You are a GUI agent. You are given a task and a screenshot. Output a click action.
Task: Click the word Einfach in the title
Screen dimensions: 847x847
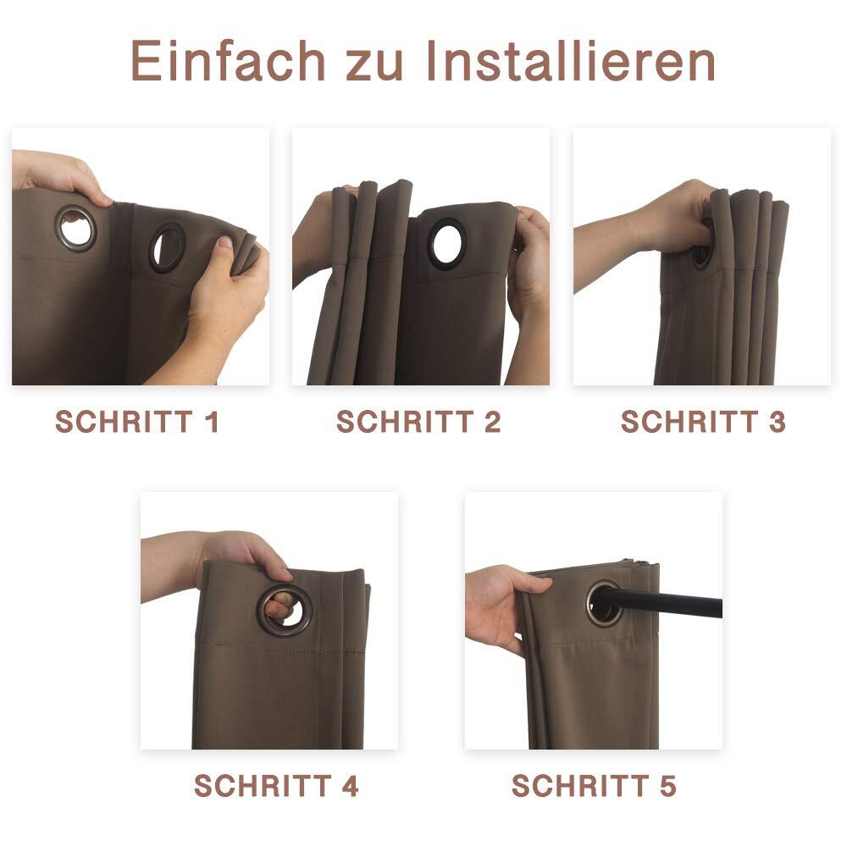coord(227,60)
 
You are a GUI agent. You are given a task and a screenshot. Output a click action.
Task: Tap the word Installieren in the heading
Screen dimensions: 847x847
coord(571,60)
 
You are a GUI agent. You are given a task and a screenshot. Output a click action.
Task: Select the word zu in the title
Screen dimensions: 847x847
coord(374,66)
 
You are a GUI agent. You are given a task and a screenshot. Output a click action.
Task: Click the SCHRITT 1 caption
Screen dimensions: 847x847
coord(136,421)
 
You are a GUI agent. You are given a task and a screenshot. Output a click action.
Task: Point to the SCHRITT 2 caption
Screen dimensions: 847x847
coord(418,421)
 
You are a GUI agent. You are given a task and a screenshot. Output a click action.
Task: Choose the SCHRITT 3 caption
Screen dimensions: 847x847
coord(703,421)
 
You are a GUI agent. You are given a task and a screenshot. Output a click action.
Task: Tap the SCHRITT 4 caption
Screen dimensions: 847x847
coord(276,785)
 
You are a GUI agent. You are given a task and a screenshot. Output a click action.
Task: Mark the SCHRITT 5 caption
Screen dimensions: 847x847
coord(594,785)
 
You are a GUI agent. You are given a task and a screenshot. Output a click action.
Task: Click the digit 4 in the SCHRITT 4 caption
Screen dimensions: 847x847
coord(350,785)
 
